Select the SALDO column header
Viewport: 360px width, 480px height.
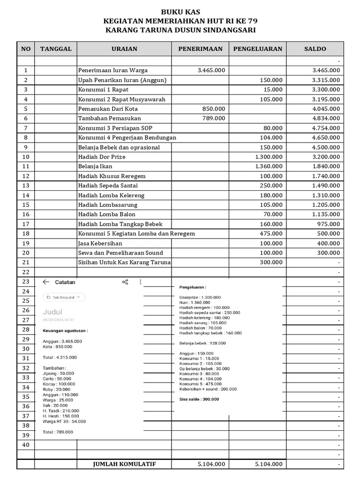(315, 49)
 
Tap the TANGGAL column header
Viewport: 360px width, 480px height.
(56, 49)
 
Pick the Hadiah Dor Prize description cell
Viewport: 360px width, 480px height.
(102, 157)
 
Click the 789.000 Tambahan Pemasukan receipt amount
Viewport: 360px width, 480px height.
(214, 118)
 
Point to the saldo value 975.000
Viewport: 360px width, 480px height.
(328, 224)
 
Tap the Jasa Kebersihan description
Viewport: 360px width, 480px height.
(100, 243)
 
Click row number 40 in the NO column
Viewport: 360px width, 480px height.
(25, 445)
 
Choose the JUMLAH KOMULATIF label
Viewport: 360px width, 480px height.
(124, 464)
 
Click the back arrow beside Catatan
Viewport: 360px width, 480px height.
(46, 282)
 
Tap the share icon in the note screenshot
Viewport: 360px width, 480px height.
(125, 282)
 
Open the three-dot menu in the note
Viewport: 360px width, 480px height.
(140, 282)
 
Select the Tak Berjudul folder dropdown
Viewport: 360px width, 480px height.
(64, 297)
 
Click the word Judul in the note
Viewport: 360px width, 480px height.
(52, 312)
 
